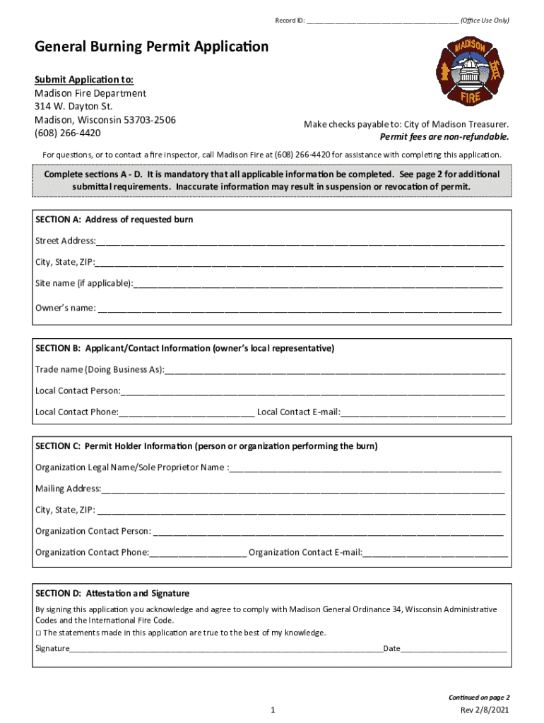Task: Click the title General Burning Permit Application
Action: tap(152, 47)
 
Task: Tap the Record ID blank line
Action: tap(382, 20)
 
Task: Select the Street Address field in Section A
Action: tap(300, 241)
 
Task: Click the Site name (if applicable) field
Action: tap(318, 284)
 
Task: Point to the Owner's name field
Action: tap(300, 308)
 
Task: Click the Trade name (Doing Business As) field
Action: tap(335, 370)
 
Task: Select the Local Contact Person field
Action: tap(312, 391)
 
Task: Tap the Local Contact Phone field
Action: tap(187, 412)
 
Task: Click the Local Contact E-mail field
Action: tap(423, 412)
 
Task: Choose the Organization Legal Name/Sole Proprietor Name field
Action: tap(365, 467)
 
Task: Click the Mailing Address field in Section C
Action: tap(303, 489)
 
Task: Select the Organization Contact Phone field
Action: tap(198, 552)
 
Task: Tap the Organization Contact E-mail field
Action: tap(435, 552)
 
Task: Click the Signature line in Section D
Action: tap(226, 648)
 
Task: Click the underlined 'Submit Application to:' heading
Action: tap(84, 79)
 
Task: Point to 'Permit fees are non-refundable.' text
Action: tap(444, 137)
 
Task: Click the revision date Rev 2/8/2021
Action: tap(484, 710)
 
